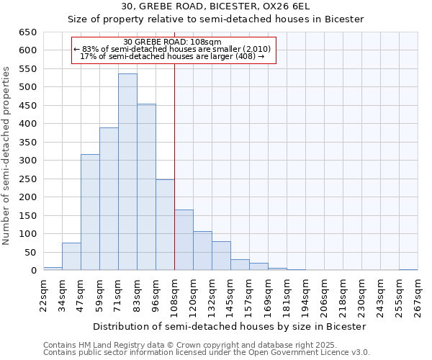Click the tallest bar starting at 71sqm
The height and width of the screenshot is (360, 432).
click(127, 172)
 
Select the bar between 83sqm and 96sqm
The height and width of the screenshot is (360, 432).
click(146, 187)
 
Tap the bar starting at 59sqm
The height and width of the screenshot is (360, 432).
click(109, 199)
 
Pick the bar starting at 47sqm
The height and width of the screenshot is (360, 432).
click(90, 212)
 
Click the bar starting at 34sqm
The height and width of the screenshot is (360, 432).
click(71, 256)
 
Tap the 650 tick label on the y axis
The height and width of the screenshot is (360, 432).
click(28, 32)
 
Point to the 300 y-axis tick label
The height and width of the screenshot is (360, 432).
click(28, 161)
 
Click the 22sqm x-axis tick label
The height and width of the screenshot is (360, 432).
click(43, 294)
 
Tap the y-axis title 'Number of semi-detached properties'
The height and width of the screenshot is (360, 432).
click(7, 155)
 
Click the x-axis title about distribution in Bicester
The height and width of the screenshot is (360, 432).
click(230, 326)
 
